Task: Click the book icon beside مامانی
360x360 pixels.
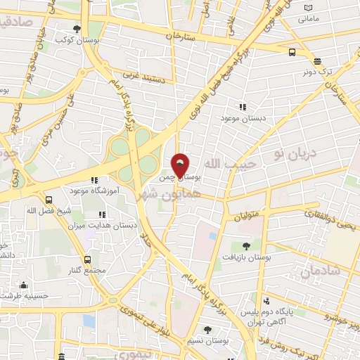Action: coord(308,8)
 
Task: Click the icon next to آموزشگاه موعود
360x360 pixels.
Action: coord(94,181)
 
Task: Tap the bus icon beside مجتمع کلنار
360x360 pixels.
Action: coord(88,259)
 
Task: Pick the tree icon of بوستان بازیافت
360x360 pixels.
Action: coord(246,245)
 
